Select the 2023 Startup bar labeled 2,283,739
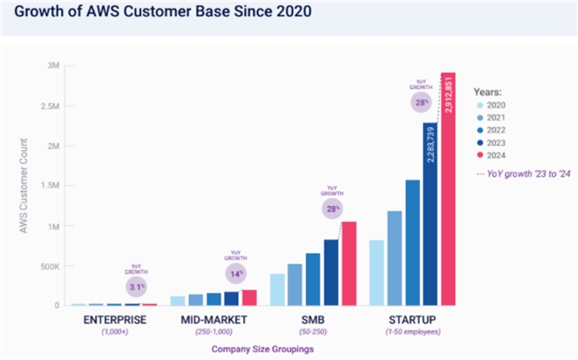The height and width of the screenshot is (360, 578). tap(429, 213)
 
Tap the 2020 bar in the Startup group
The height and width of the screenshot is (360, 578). tap(376, 272)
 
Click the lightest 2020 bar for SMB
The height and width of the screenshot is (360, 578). tap(277, 289)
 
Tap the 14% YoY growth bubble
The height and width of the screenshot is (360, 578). tap(236, 273)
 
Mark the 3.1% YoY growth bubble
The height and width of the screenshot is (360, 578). tap(134, 285)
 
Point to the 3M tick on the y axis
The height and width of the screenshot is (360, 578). tap(53, 66)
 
